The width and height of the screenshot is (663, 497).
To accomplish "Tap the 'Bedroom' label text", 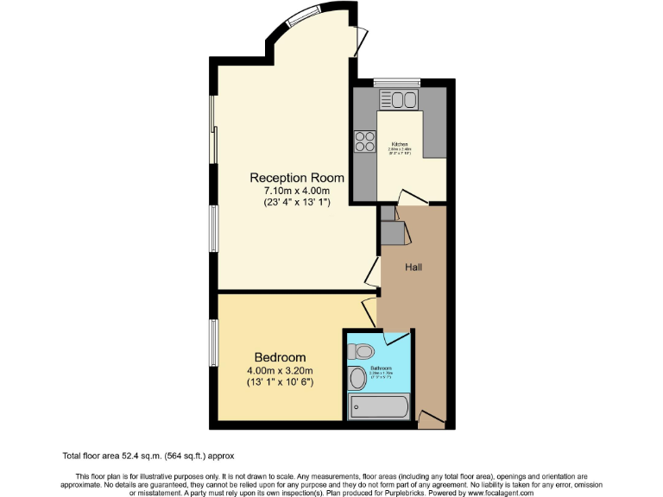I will (x=280, y=357).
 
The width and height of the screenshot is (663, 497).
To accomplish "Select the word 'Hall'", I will (x=414, y=267).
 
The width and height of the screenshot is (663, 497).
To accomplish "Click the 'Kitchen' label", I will (x=400, y=144).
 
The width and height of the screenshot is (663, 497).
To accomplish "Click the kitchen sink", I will (x=403, y=101).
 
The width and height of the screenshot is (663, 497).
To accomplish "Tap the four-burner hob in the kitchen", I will (x=364, y=141).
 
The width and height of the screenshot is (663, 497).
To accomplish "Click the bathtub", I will (x=378, y=406).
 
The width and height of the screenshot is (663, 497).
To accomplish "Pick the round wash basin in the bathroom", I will (x=358, y=378).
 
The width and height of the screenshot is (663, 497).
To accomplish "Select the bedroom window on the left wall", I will (x=212, y=342).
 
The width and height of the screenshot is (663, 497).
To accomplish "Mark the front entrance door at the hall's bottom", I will (x=431, y=419).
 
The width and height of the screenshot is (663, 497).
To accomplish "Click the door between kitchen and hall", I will (x=409, y=198).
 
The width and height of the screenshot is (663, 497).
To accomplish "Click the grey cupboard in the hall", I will (x=392, y=231).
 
